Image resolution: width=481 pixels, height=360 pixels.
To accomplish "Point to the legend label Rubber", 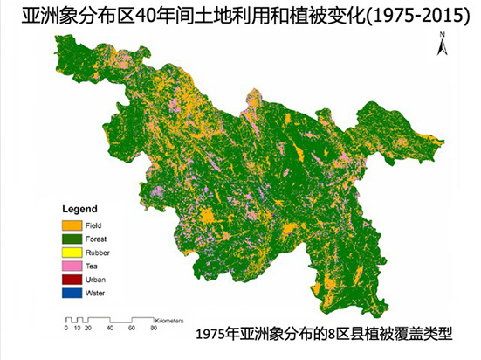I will pos(98,251).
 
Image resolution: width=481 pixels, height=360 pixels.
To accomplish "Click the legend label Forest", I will pos(97,237).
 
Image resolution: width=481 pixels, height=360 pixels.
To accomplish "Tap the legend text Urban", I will pos(96,278).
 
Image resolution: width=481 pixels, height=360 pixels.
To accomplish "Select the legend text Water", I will pos(96,292).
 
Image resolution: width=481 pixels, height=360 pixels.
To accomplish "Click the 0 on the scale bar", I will pos(66,328).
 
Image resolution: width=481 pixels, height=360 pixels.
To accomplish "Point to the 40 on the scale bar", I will pos(110,328).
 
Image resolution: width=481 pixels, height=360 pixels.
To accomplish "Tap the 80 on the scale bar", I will pos(155,328).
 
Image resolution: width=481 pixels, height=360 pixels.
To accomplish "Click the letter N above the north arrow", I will pos(443,34).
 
